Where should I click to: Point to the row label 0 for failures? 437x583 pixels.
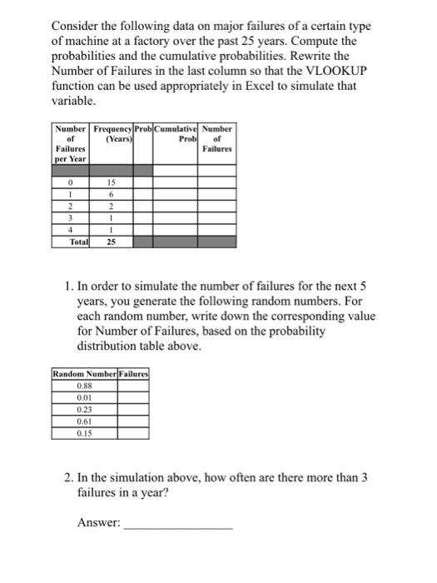pos(72,182)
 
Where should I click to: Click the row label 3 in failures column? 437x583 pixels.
pos(72,217)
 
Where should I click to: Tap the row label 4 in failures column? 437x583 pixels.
pos(72,228)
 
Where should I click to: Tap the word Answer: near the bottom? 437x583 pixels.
pos(98,522)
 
